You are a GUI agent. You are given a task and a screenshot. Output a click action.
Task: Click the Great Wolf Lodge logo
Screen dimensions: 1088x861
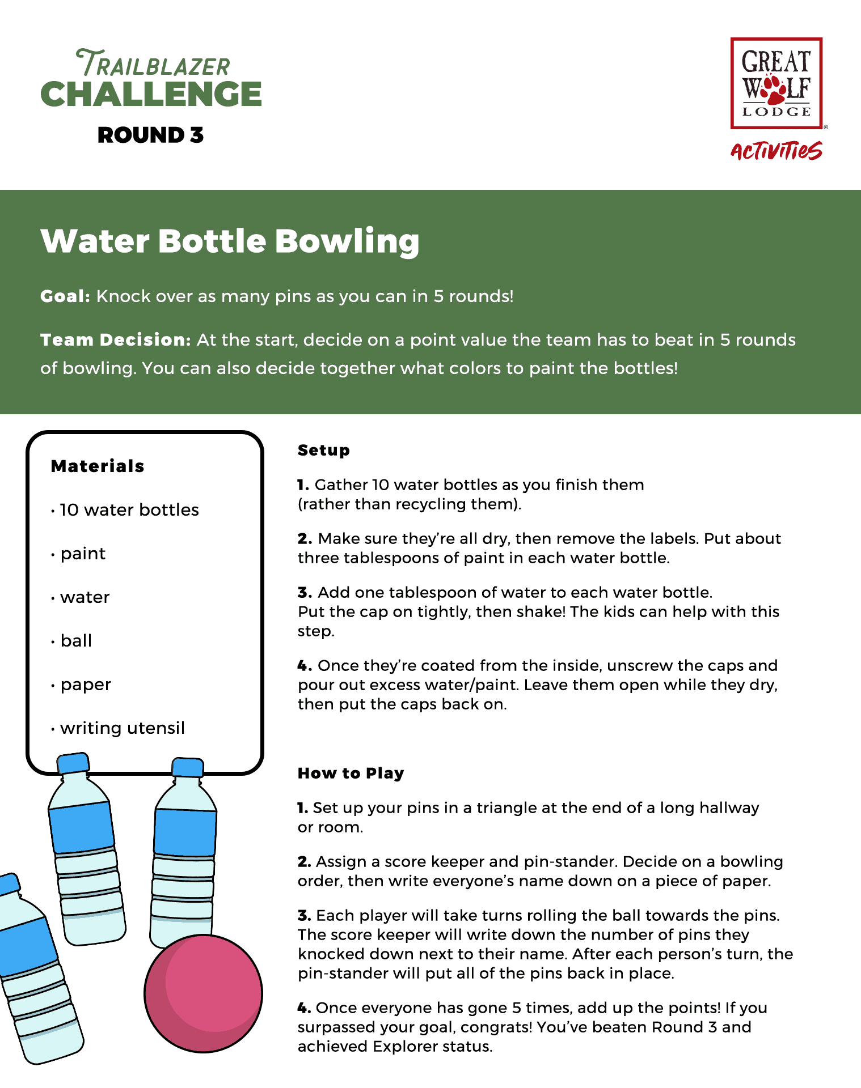pyautogui.click(x=776, y=83)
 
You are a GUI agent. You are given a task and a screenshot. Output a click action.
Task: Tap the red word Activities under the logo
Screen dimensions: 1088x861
pyautogui.click(x=776, y=151)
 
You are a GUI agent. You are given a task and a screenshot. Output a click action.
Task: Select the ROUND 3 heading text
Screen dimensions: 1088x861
pyautogui.click(x=150, y=135)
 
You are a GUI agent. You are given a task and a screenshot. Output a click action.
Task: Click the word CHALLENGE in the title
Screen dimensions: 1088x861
pyautogui.click(x=151, y=94)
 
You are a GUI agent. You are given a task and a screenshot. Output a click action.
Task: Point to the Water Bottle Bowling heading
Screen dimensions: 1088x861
pyautogui.click(x=230, y=241)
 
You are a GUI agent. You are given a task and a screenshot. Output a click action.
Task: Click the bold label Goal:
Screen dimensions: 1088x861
pyautogui.click(x=65, y=296)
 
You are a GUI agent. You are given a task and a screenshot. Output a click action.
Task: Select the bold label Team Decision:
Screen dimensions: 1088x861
pyautogui.click(x=116, y=340)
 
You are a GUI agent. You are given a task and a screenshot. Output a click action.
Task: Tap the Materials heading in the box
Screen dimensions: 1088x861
pyautogui.click(x=98, y=466)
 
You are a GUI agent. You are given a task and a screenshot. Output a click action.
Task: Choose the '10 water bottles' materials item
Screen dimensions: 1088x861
pyautogui.click(x=129, y=510)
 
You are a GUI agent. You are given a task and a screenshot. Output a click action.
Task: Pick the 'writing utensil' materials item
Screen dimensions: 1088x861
pyautogui.click(x=123, y=728)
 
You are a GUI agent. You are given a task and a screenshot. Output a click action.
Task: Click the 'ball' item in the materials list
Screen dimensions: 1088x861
pyautogui.click(x=76, y=641)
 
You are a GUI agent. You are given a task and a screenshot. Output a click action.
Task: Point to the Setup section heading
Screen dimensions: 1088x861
pyautogui.click(x=324, y=450)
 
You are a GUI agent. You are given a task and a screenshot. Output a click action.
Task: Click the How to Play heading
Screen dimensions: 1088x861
pyautogui.click(x=351, y=773)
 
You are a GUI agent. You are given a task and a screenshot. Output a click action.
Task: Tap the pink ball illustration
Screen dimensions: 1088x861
pyautogui.click(x=203, y=993)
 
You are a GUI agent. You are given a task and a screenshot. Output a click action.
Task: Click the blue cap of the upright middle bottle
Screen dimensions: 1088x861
pyautogui.click(x=187, y=767)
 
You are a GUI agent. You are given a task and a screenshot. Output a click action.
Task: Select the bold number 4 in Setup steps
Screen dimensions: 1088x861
pyautogui.click(x=304, y=666)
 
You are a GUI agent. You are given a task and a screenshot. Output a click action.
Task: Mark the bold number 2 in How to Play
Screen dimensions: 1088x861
pyautogui.click(x=304, y=862)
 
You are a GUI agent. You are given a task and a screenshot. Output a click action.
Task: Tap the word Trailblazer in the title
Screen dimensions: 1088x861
pyautogui.click(x=153, y=64)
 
